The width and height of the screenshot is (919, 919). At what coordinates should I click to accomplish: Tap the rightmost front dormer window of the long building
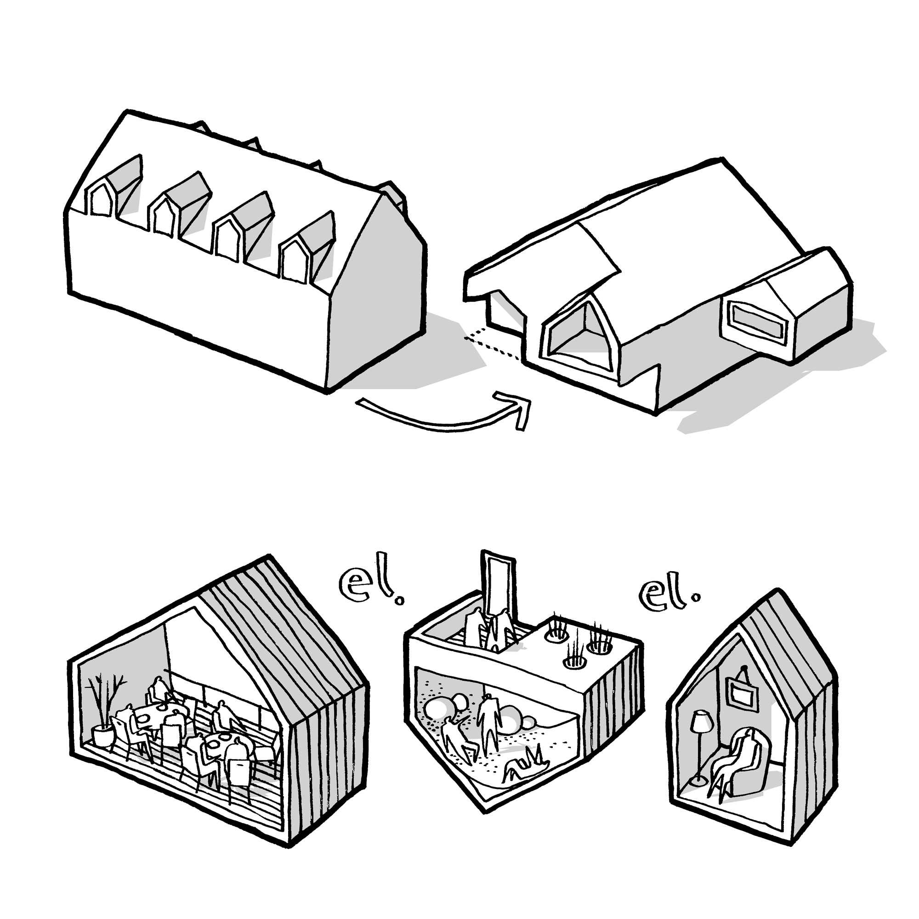pos(295,260)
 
